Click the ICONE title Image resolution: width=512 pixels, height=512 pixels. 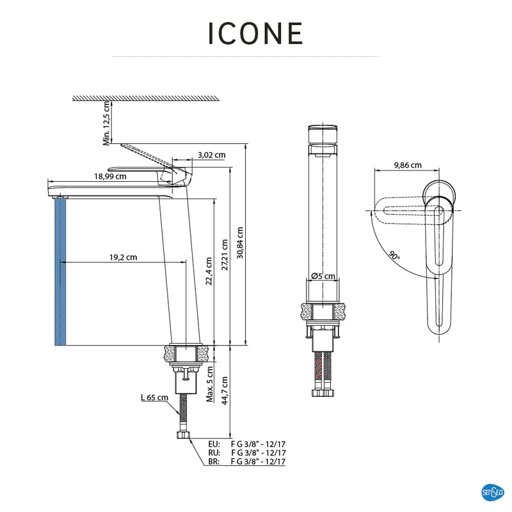pos(255,33)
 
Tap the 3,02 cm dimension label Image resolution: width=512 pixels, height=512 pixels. pos(211,155)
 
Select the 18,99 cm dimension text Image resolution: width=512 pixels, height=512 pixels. pos(110,176)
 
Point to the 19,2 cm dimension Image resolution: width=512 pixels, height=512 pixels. pos(123,257)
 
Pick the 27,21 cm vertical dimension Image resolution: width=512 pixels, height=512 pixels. pos(225,256)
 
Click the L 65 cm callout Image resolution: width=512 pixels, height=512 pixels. pos(154,397)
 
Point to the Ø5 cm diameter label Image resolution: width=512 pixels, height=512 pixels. pos(324,276)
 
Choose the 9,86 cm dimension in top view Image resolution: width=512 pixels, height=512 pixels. pos(406,164)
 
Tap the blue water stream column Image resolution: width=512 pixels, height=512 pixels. pos(60,272)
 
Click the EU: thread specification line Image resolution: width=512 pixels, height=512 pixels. pos(246,444)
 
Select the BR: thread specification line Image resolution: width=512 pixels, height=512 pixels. pos(246,461)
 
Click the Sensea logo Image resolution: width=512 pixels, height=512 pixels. pos(492,492)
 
